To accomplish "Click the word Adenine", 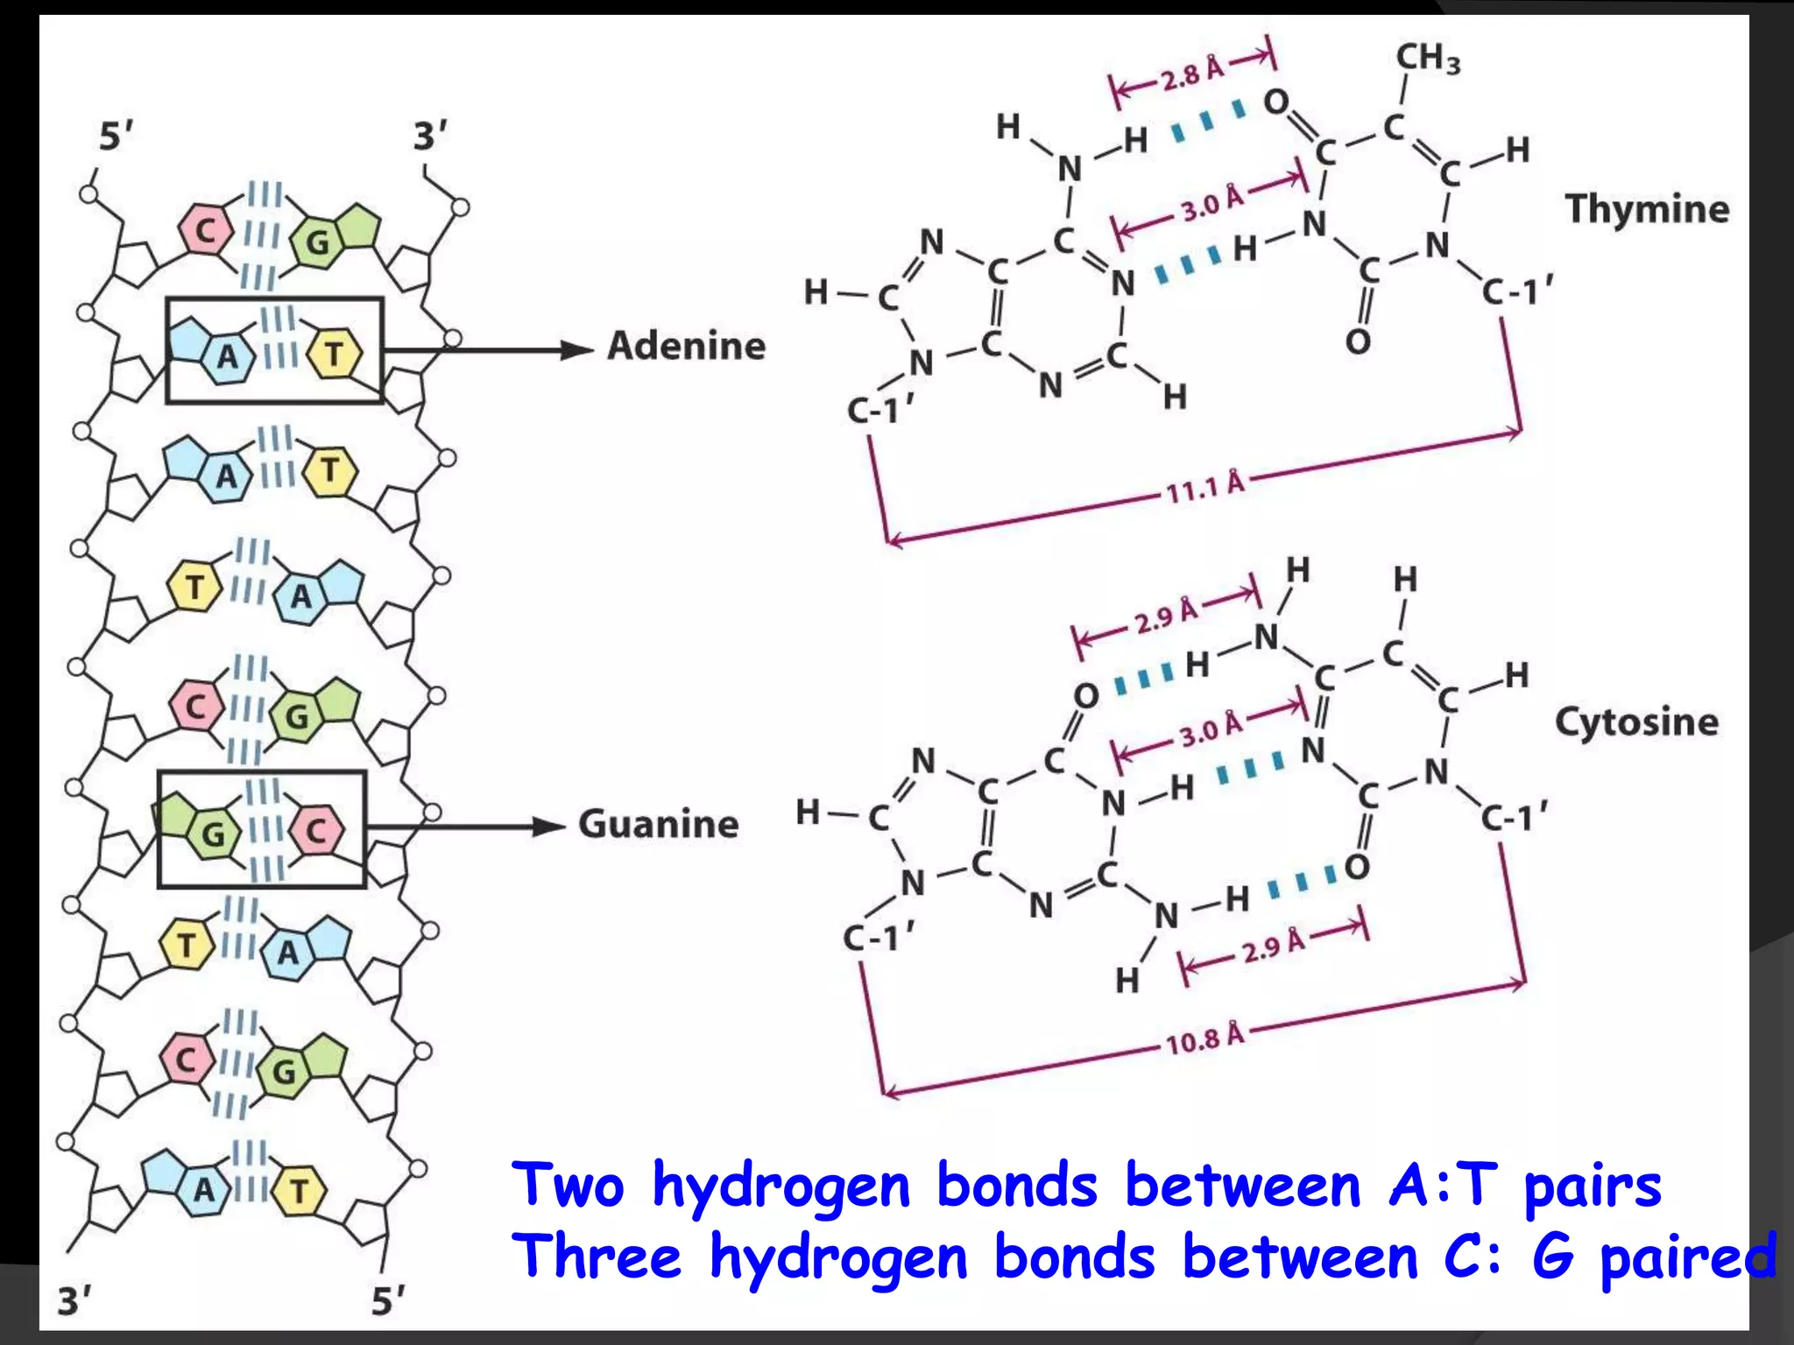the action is click(687, 346).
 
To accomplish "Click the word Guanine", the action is click(659, 824).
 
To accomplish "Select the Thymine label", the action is click(1647, 209).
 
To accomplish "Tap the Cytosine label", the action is click(1636, 722).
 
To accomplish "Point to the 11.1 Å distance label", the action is click(1204, 487).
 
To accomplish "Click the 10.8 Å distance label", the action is click(1204, 1039).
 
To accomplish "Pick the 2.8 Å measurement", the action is click(1192, 73).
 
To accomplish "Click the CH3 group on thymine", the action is click(1427, 58).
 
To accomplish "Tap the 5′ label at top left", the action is click(117, 137).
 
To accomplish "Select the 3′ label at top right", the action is click(430, 136).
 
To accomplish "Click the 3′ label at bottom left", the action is click(74, 1301).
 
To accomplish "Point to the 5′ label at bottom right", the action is click(388, 1301).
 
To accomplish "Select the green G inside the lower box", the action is click(213, 833).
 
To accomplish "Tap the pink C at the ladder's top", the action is click(205, 230).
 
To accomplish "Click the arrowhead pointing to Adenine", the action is click(577, 350).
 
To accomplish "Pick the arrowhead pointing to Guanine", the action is click(549, 827).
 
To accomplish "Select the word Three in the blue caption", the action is click(597, 1257).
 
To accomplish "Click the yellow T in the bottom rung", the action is click(300, 1191).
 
